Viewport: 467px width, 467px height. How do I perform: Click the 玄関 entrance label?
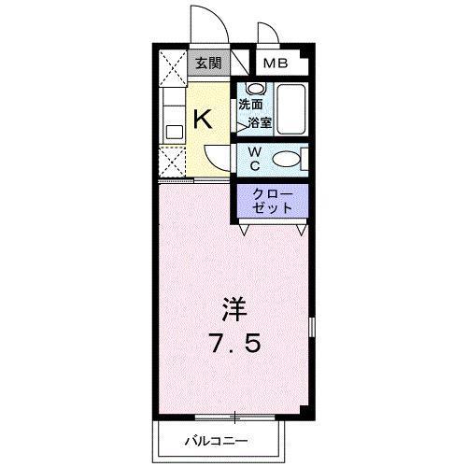[208, 64]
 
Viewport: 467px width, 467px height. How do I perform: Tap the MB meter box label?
[276, 64]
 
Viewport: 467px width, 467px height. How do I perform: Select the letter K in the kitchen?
[203, 120]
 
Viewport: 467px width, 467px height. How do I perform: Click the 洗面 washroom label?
[250, 105]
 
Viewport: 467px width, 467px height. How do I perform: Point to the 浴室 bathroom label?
[260, 123]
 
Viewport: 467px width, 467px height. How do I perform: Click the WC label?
[255, 159]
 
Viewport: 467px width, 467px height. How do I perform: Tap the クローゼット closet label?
[273, 201]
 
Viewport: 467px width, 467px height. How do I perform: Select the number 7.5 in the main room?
[235, 343]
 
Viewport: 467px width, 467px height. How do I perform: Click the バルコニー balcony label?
[217, 441]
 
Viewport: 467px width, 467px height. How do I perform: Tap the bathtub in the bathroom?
[290, 109]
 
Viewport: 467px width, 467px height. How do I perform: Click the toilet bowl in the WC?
[287, 159]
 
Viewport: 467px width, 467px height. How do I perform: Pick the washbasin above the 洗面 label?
[256, 89]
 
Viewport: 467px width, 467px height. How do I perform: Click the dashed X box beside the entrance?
[173, 68]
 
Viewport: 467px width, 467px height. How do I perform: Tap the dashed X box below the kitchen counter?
[172, 162]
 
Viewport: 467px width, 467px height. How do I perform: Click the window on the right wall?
[312, 327]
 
